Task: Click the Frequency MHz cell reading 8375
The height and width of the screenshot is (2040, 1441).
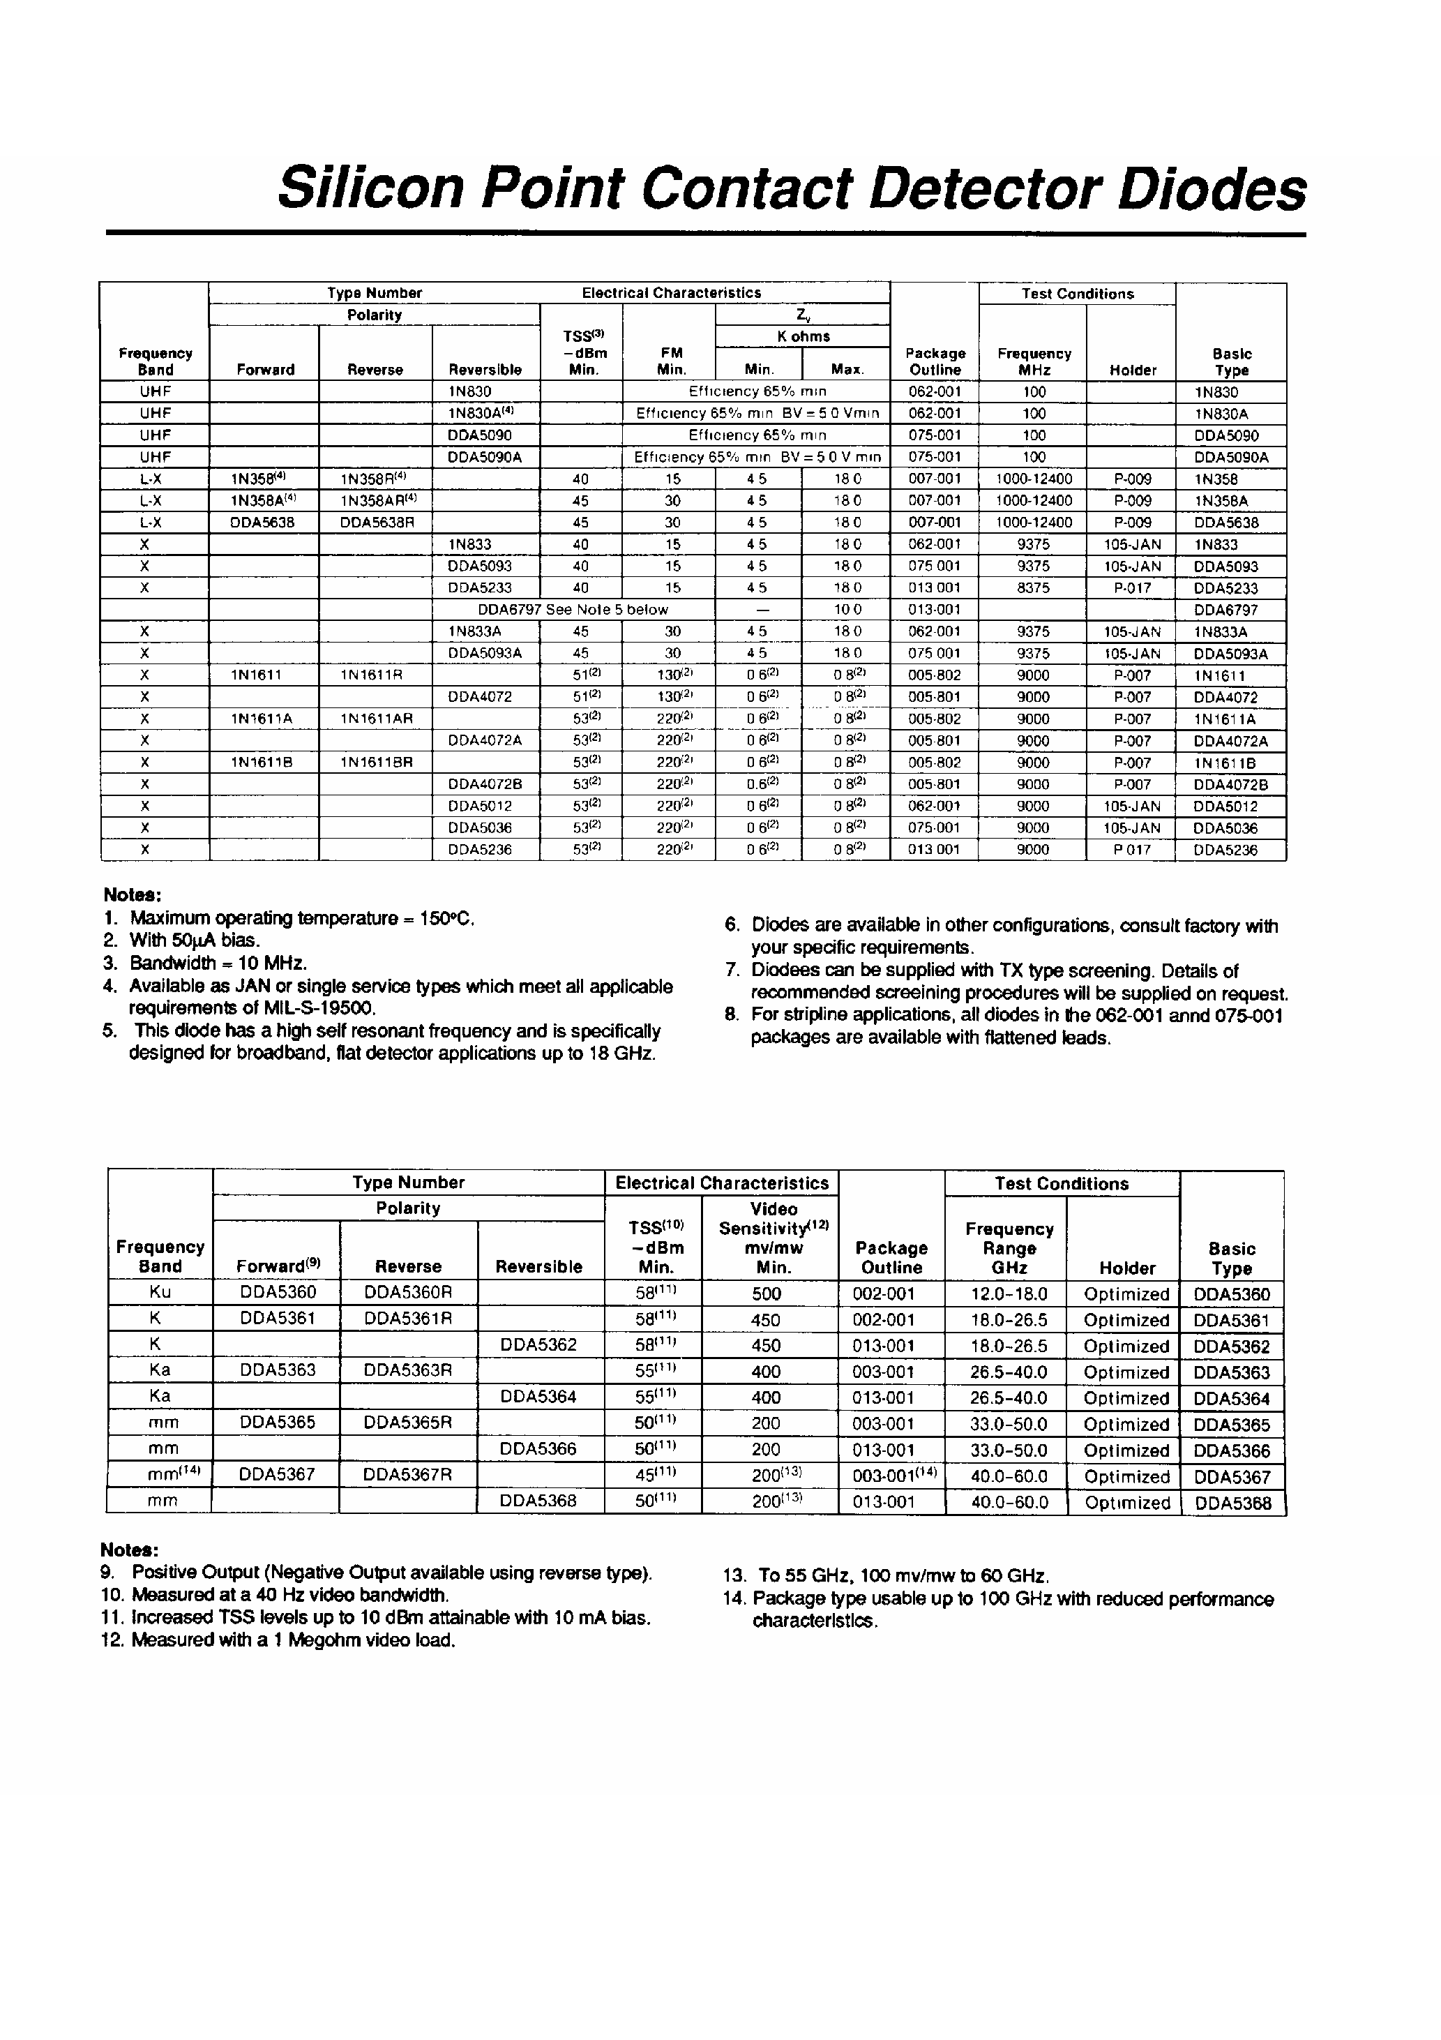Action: (1032, 587)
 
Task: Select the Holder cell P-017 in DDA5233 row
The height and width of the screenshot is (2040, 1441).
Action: (1132, 587)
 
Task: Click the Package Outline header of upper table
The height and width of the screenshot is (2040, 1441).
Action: (935, 361)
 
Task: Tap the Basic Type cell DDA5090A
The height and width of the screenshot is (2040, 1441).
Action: (1230, 458)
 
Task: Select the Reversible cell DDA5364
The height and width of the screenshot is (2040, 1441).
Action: (538, 1397)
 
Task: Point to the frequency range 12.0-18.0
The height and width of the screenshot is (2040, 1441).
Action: (1009, 1293)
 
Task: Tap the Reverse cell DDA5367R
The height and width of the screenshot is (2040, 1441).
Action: (408, 1474)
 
